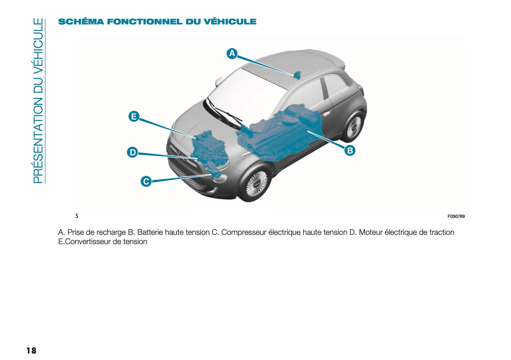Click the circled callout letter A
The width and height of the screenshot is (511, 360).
[x=232, y=53]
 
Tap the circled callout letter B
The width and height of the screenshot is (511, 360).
[x=350, y=150]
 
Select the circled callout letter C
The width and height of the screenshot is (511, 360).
[x=146, y=181]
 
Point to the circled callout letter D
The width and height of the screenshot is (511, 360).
[x=132, y=152]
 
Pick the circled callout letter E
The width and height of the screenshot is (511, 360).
[x=134, y=116]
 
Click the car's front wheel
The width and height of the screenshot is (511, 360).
[x=255, y=184]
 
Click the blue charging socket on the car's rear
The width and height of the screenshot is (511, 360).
[x=297, y=74]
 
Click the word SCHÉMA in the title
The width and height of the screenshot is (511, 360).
[x=81, y=22]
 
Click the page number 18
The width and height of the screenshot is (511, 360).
[x=31, y=350]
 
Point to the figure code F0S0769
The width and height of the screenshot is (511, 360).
[x=456, y=216]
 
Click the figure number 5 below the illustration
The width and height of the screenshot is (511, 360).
[x=77, y=216]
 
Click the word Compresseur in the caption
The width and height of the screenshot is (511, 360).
[x=243, y=232]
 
